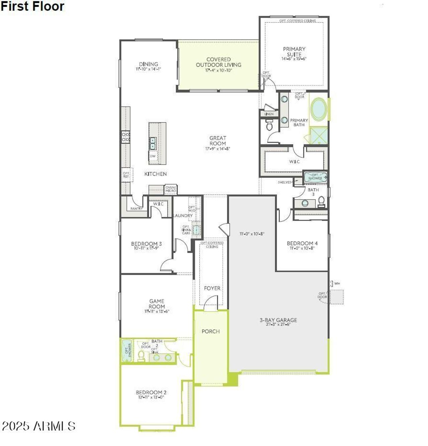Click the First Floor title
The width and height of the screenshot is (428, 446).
32,6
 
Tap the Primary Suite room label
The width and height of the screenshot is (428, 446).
294,51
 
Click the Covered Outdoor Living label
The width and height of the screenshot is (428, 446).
218,62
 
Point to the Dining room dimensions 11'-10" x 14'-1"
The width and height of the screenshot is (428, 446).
148,69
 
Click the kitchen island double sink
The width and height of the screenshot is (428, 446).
152,143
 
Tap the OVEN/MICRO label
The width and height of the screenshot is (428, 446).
171,189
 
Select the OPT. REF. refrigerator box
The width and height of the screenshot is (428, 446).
126,175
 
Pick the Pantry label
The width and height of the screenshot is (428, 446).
136,209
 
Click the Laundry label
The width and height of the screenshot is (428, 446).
183,216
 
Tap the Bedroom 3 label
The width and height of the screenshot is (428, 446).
146,244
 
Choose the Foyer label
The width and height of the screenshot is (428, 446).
212,288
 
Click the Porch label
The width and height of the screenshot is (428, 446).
211,331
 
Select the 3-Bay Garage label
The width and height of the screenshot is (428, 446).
278,320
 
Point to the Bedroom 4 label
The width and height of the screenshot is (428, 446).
302,243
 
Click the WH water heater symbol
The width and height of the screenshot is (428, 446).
332,284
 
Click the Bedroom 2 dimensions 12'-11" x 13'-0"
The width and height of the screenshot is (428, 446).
151,398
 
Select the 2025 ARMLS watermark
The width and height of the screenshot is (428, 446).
38,426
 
